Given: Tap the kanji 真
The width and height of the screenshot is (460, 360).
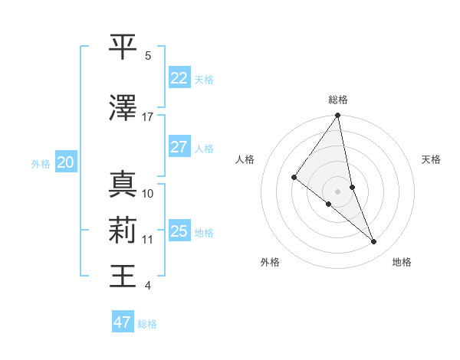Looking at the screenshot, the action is (x=123, y=184).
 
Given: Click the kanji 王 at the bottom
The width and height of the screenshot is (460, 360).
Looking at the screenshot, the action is (x=123, y=276).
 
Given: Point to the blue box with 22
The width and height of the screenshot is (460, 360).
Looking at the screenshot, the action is (x=179, y=77).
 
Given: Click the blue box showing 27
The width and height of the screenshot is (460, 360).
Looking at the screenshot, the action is (x=179, y=147).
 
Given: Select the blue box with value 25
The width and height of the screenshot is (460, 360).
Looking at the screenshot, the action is (x=179, y=231).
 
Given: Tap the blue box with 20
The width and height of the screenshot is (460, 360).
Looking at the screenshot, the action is (x=65, y=162).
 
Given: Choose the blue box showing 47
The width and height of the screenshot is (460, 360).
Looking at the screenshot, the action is (x=122, y=322).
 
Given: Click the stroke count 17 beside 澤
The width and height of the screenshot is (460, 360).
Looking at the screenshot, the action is (x=148, y=117).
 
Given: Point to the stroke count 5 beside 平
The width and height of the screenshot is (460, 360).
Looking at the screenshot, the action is (x=148, y=55).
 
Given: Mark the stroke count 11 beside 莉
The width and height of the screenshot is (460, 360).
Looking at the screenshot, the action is (x=148, y=239).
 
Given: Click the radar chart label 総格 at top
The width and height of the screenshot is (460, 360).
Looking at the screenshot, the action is (x=338, y=100).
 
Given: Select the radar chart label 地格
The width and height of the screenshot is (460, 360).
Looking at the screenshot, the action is (x=402, y=262).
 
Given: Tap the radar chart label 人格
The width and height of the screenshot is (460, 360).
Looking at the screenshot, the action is (x=245, y=159).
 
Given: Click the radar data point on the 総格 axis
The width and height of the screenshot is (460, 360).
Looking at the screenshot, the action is (x=338, y=116).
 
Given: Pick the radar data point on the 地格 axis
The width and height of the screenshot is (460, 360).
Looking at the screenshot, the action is (x=374, y=242).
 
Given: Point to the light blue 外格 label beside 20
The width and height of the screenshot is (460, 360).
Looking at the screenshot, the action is (x=41, y=163).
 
